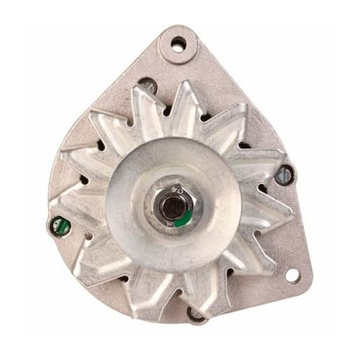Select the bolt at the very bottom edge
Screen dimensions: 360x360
click(x=197, y=315)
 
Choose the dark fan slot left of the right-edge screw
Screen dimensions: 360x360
click(x=263, y=180)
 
